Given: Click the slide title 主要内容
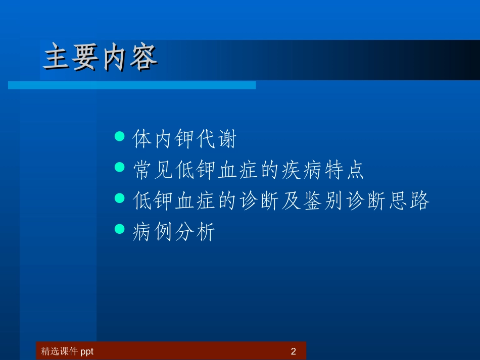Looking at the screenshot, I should tap(100, 58).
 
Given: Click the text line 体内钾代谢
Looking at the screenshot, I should tap(184, 139).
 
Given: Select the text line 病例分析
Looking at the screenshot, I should tap(174, 232).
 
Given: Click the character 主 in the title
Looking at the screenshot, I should tap(57, 58).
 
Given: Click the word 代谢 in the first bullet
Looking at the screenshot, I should tap(216, 139).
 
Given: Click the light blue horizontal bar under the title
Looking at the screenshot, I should tap(132, 85).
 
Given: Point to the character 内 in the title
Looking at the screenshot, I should tap(114, 58).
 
